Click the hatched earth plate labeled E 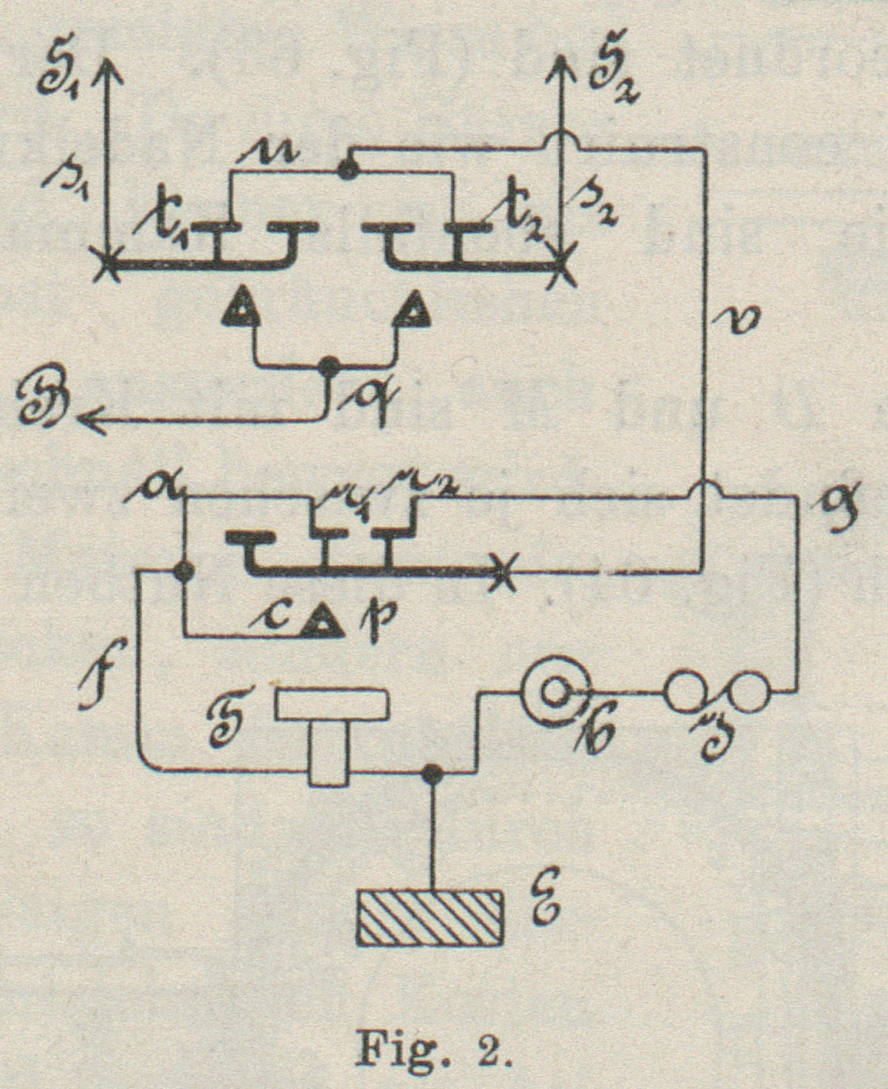(x=431, y=918)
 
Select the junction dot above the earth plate (x=431, y=773)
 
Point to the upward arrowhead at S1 (x=106, y=66)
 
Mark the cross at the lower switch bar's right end (x=501, y=571)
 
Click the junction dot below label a (x=183, y=571)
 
